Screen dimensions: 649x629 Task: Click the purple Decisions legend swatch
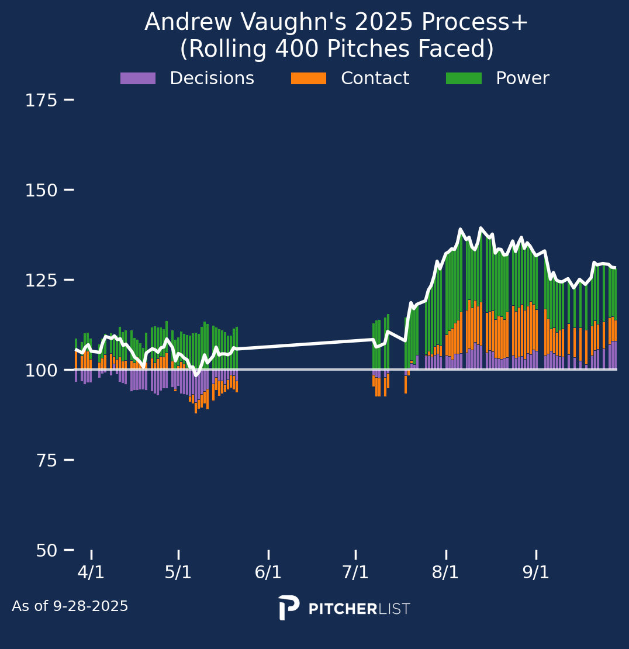coord(138,78)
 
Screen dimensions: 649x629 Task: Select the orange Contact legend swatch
coord(309,78)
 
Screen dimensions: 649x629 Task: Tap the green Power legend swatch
coord(464,78)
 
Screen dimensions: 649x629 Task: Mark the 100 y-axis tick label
coord(41,370)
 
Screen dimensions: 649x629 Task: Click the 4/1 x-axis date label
coord(91,572)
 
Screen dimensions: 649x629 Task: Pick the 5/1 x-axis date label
coord(178,572)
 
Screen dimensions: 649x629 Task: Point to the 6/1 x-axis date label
coord(268,572)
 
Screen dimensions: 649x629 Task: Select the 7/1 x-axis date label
coord(355,572)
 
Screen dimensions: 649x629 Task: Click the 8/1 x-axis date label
coord(445,572)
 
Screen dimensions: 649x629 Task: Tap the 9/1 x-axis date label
coord(536,572)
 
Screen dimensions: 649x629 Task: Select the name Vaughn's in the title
coord(281,23)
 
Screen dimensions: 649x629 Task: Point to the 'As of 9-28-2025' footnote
coord(70,606)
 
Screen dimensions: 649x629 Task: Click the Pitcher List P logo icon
coord(289,607)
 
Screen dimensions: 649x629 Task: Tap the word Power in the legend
coord(523,78)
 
